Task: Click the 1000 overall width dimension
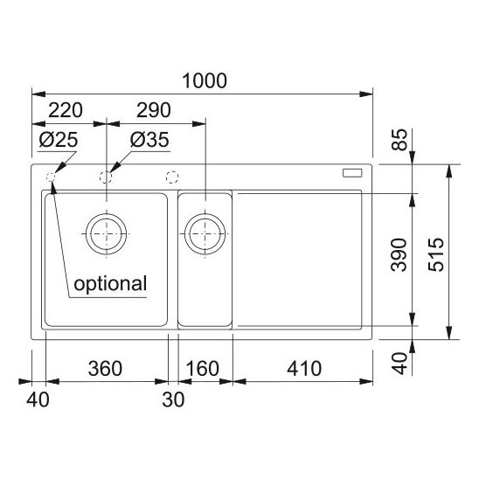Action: click(205, 80)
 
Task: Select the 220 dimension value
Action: click(66, 110)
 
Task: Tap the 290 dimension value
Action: click(153, 110)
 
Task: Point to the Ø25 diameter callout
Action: click(59, 140)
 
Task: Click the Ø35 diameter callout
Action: click(149, 140)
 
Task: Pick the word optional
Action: click(110, 284)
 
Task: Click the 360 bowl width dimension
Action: click(105, 368)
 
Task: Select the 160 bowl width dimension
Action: click(202, 368)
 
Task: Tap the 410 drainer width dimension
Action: click(304, 368)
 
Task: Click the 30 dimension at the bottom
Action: click(173, 399)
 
